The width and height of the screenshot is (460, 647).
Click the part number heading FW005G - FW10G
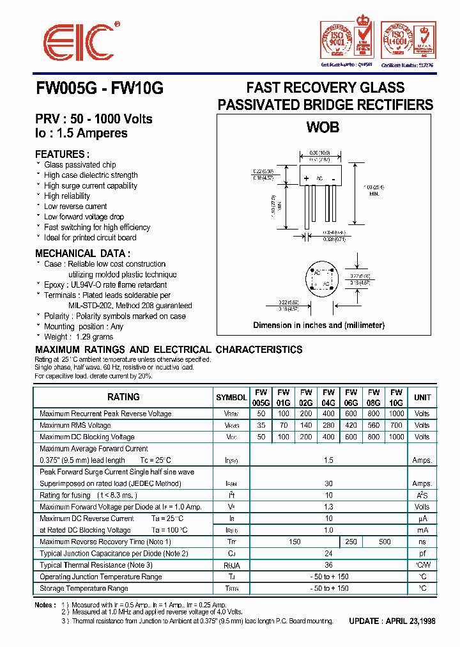pyautogui.click(x=99, y=90)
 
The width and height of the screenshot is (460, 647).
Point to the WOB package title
pyautogui.click(x=323, y=127)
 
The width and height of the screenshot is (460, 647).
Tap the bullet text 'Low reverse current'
pyautogui.click(x=75, y=207)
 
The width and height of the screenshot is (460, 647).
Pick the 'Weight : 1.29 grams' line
pyautogui.click(x=79, y=337)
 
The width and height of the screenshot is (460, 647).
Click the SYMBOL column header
pyautogui.click(x=231, y=397)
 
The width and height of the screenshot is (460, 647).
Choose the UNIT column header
pyautogui.click(x=422, y=397)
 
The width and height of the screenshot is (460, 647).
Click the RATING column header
pyautogui.click(x=123, y=397)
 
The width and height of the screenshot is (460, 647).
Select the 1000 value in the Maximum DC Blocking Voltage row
pyautogui.click(x=396, y=437)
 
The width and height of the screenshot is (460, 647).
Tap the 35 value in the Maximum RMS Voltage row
pyautogui.click(x=261, y=425)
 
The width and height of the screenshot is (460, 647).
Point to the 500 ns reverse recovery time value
pyautogui.click(x=385, y=542)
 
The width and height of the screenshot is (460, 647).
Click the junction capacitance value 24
pyautogui.click(x=328, y=554)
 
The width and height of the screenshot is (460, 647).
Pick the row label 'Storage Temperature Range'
pyautogui.click(x=84, y=588)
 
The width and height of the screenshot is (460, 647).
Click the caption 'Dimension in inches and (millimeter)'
pyautogui.click(x=319, y=325)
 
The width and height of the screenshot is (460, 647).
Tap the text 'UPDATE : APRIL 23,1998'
pyautogui.click(x=392, y=621)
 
